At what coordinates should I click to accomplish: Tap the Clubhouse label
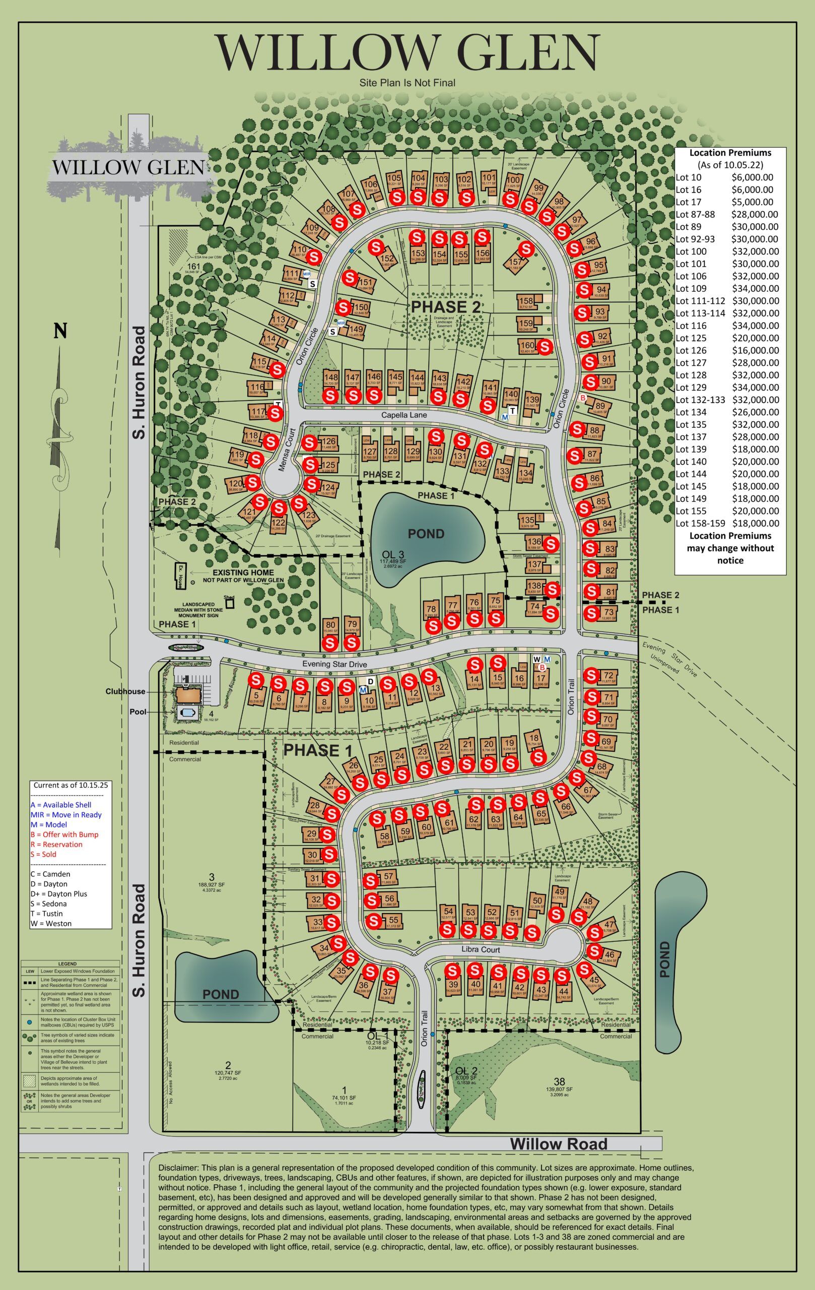point(125,691)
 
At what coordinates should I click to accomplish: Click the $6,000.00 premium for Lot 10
point(752,177)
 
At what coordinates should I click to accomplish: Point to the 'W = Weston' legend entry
point(51,923)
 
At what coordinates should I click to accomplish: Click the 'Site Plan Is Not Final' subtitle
point(407,83)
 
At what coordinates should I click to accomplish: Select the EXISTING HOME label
point(243,572)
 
